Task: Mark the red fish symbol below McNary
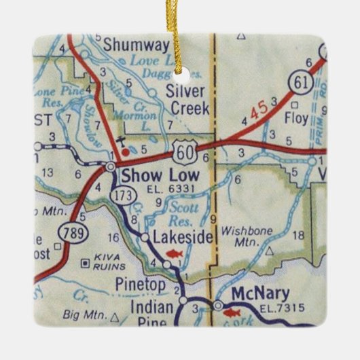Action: coord(232,312)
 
